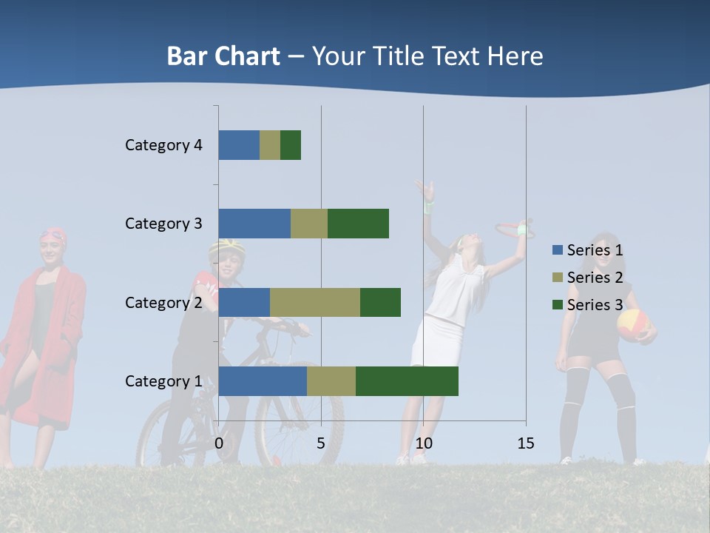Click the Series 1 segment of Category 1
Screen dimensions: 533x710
263,381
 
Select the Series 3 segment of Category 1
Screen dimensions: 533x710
407,381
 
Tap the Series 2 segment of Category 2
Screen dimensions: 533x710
315,302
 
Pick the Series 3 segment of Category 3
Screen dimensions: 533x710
358,224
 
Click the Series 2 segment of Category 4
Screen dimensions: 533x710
270,145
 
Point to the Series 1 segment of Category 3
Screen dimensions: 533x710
254,224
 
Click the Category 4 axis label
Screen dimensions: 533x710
163,145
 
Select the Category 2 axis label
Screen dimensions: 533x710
163,302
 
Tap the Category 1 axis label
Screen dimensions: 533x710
163,381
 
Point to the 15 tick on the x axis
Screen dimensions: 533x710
525,443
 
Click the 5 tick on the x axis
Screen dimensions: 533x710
321,443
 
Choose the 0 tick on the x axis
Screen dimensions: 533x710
219,443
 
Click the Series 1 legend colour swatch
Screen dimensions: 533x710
558,249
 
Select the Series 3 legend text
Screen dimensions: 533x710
595,304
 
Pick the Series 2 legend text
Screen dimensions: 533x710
595,277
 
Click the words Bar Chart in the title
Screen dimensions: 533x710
223,56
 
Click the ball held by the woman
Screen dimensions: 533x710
633,324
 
